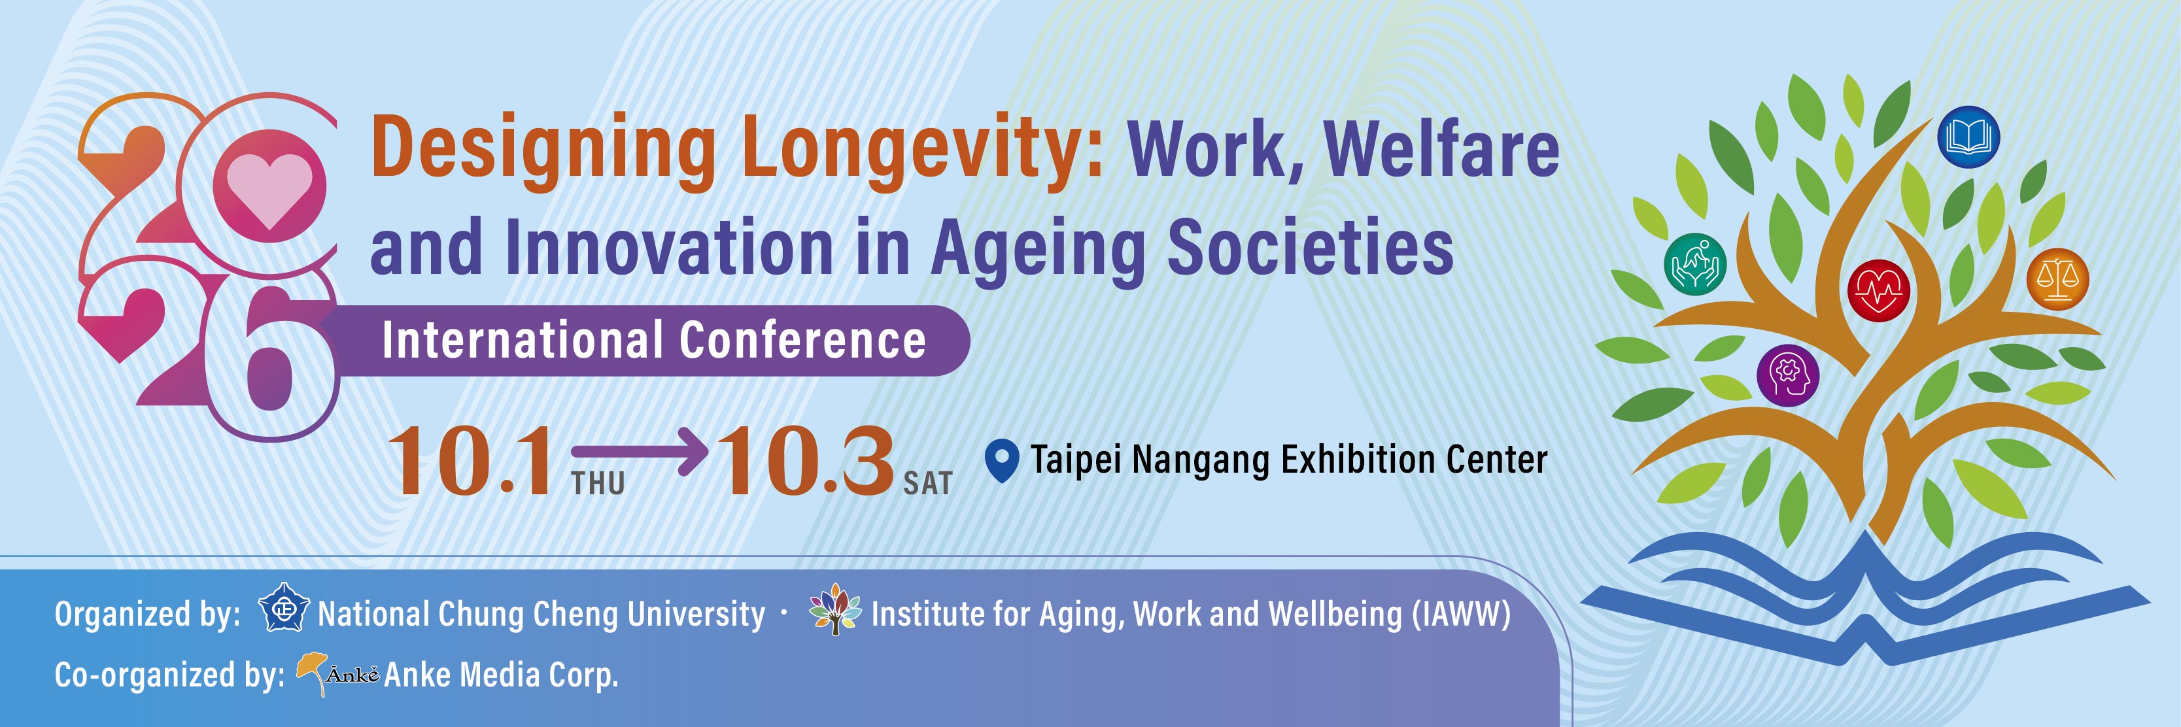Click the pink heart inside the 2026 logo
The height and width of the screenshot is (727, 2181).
pos(269,190)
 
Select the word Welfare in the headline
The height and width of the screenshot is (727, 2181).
pos(1442,150)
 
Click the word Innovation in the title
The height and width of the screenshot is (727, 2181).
pos(670,247)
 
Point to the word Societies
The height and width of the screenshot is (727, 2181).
pos(1311,247)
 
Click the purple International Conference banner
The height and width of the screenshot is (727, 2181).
pos(652,340)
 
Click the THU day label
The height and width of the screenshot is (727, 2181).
pos(598,483)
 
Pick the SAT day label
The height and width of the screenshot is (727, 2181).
pos(928,483)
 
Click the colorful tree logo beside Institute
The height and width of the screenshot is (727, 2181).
pos(835,609)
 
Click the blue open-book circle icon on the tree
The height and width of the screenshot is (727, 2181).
pos(1968,137)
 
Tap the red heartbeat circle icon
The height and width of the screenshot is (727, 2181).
pos(1879,290)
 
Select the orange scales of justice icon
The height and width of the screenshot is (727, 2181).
pos(2057,279)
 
